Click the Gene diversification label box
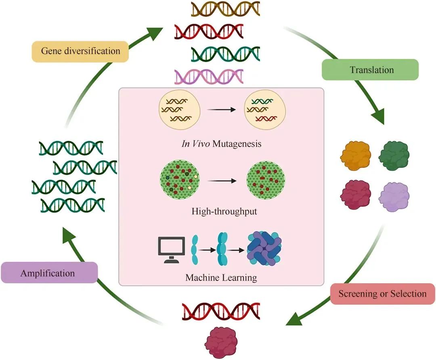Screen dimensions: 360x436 [80, 51]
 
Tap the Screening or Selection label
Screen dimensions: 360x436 [382, 293]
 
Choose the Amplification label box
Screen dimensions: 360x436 [48, 273]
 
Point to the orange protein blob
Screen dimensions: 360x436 [356, 155]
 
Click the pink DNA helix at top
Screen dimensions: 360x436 [209, 76]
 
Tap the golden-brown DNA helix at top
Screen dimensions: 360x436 [225, 9]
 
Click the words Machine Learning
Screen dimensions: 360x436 [221, 278]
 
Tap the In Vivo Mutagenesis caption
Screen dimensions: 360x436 [221, 143]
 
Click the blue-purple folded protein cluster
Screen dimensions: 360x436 [264, 247]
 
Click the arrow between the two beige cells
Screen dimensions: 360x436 [220, 109]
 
